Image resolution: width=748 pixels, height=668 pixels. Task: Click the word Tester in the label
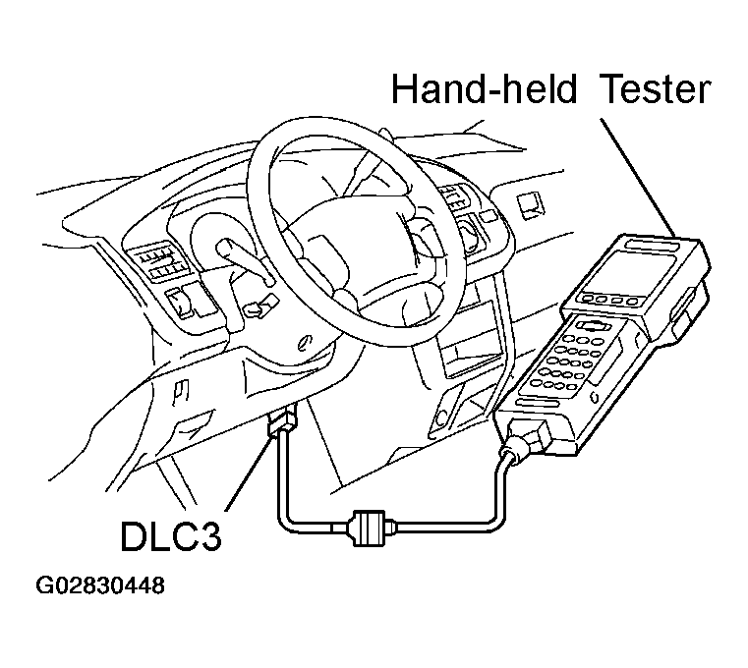point(657,89)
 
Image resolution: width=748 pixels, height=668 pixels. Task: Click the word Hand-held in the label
point(484,88)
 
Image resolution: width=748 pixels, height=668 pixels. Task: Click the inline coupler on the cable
point(369,528)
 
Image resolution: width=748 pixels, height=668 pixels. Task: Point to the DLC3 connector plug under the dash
point(283,422)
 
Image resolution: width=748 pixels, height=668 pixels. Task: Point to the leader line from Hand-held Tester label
point(637,178)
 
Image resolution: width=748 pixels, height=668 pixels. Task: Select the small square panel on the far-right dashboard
point(531,206)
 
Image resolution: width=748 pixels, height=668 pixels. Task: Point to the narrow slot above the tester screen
point(651,246)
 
